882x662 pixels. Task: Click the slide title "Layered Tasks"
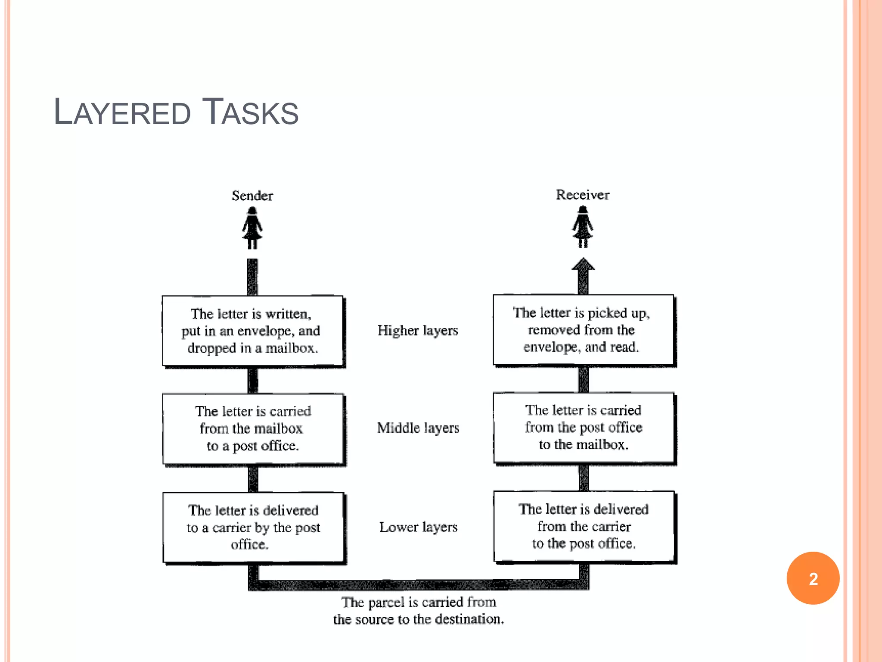176,112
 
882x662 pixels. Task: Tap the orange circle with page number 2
813,578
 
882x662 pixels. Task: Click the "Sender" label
252,196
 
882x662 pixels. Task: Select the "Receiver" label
583,195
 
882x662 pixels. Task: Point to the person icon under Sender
252,228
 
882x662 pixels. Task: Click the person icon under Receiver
583,227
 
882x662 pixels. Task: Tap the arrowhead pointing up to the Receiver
583,265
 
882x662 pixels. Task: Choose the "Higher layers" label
418,331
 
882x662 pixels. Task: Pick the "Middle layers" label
418,428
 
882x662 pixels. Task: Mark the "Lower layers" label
418,527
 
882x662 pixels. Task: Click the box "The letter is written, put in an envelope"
253,331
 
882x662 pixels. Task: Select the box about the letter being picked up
583,330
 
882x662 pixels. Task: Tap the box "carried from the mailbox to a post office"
253,428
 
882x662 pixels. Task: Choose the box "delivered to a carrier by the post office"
253,527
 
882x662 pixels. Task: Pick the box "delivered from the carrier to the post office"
584,526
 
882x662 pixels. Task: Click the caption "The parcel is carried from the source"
418,610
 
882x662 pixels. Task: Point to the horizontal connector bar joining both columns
418,585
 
